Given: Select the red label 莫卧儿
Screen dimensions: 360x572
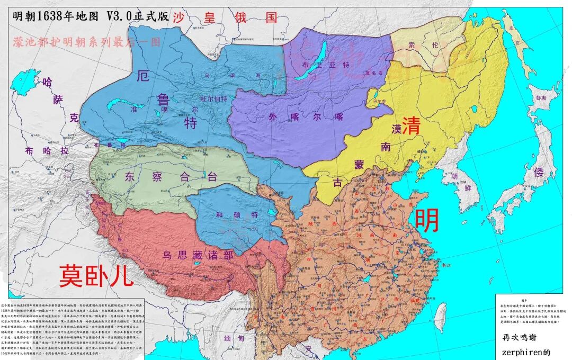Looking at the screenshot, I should tap(96, 276).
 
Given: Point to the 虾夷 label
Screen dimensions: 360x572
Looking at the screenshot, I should tap(540, 98).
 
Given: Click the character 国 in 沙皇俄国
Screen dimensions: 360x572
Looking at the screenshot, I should tap(271, 17).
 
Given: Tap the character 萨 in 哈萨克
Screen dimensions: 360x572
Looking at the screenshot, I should tap(59, 100).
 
